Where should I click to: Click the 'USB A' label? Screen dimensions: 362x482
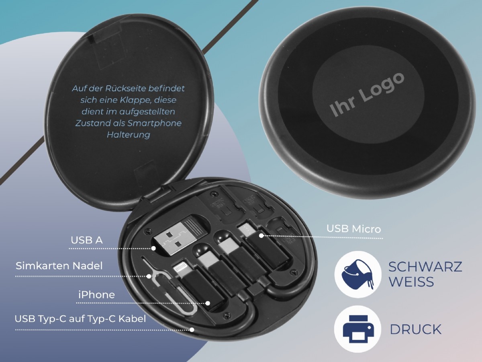click(87, 241)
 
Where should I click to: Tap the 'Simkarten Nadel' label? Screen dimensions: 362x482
click(59, 266)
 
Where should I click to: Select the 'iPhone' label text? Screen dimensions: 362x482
click(96, 295)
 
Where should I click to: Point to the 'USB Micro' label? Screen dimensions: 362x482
click(353, 229)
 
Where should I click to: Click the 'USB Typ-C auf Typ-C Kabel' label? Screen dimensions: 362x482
click(80, 319)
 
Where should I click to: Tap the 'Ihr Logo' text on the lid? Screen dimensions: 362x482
click(367, 95)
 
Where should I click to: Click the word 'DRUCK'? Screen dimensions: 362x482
click(415, 329)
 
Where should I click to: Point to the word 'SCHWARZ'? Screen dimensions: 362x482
click(425, 267)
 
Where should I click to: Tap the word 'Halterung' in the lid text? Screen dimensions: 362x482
click(128, 135)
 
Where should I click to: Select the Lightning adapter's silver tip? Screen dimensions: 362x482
click(179, 268)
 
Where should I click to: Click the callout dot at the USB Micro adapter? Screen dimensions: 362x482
click(261, 235)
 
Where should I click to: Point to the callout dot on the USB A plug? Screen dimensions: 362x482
click(153, 249)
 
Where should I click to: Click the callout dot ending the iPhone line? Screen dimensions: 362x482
click(208, 303)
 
